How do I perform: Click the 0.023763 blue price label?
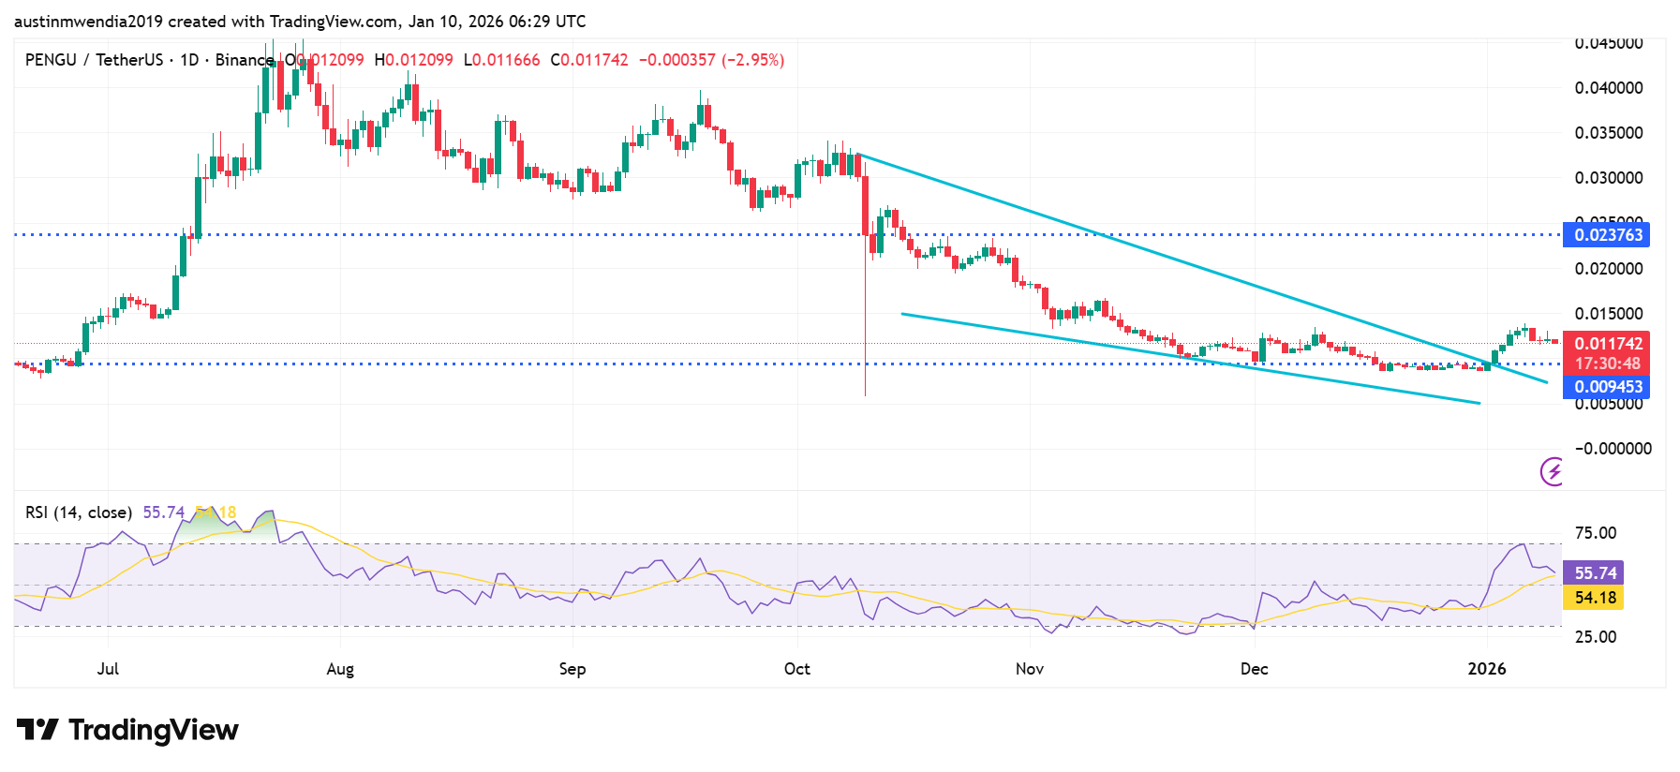pyautogui.click(x=1606, y=235)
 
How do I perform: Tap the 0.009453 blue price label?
pyautogui.click(x=1606, y=387)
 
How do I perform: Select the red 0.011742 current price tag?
pyautogui.click(x=1606, y=344)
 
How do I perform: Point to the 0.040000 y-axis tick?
pyautogui.click(x=1608, y=88)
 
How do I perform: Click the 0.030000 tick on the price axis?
pyautogui.click(x=1608, y=178)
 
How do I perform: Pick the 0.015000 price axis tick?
pyautogui.click(x=1608, y=314)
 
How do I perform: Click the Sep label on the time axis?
pyautogui.click(x=572, y=669)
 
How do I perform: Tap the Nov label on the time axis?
pyautogui.click(x=1030, y=669)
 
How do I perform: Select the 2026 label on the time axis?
pyautogui.click(x=1487, y=669)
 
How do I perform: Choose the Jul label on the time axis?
pyautogui.click(x=108, y=669)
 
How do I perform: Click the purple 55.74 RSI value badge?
pyautogui.click(x=1594, y=572)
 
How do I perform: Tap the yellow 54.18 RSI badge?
pyautogui.click(x=1594, y=598)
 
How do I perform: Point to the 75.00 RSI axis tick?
pyautogui.click(x=1595, y=533)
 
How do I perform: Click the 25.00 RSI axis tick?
pyautogui.click(x=1595, y=637)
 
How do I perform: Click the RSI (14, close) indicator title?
pyautogui.click(x=79, y=512)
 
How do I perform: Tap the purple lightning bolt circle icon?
pyautogui.click(x=1553, y=471)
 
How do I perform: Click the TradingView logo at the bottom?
pyautogui.click(x=127, y=730)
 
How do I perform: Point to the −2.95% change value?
pyautogui.click(x=752, y=60)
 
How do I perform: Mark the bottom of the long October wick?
pyautogui.click(x=865, y=394)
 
